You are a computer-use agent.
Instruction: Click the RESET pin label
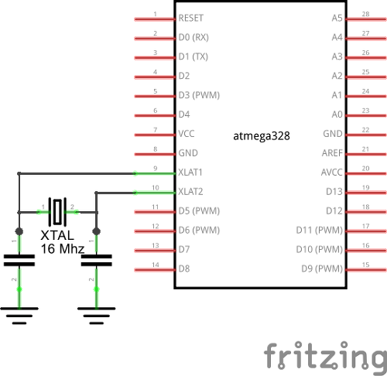(x=191, y=18)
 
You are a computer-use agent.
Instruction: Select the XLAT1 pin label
(x=190, y=173)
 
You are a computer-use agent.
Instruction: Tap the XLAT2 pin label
(x=190, y=192)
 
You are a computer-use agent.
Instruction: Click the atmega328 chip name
(x=262, y=136)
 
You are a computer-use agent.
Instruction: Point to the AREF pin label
(x=332, y=153)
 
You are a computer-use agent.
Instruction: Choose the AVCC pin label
(x=332, y=173)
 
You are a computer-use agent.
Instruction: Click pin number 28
(x=365, y=14)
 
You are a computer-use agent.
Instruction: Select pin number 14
(x=156, y=265)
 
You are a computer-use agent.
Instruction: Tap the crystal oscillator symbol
(x=57, y=212)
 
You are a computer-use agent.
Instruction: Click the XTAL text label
(x=57, y=235)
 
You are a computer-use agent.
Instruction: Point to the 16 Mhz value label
(x=63, y=249)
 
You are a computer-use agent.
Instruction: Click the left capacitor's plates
(x=19, y=260)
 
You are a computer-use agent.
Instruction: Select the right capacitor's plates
(x=97, y=260)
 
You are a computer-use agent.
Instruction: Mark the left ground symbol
(x=19, y=316)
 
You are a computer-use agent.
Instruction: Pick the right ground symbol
(x=97, y=316)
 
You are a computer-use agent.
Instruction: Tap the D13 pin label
(x=334, y=192)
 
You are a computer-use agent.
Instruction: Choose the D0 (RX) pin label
(x=193, y=37)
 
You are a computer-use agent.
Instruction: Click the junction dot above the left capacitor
(x=19, y=231)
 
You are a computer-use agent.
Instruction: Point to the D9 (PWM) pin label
(x=322, y=268)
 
